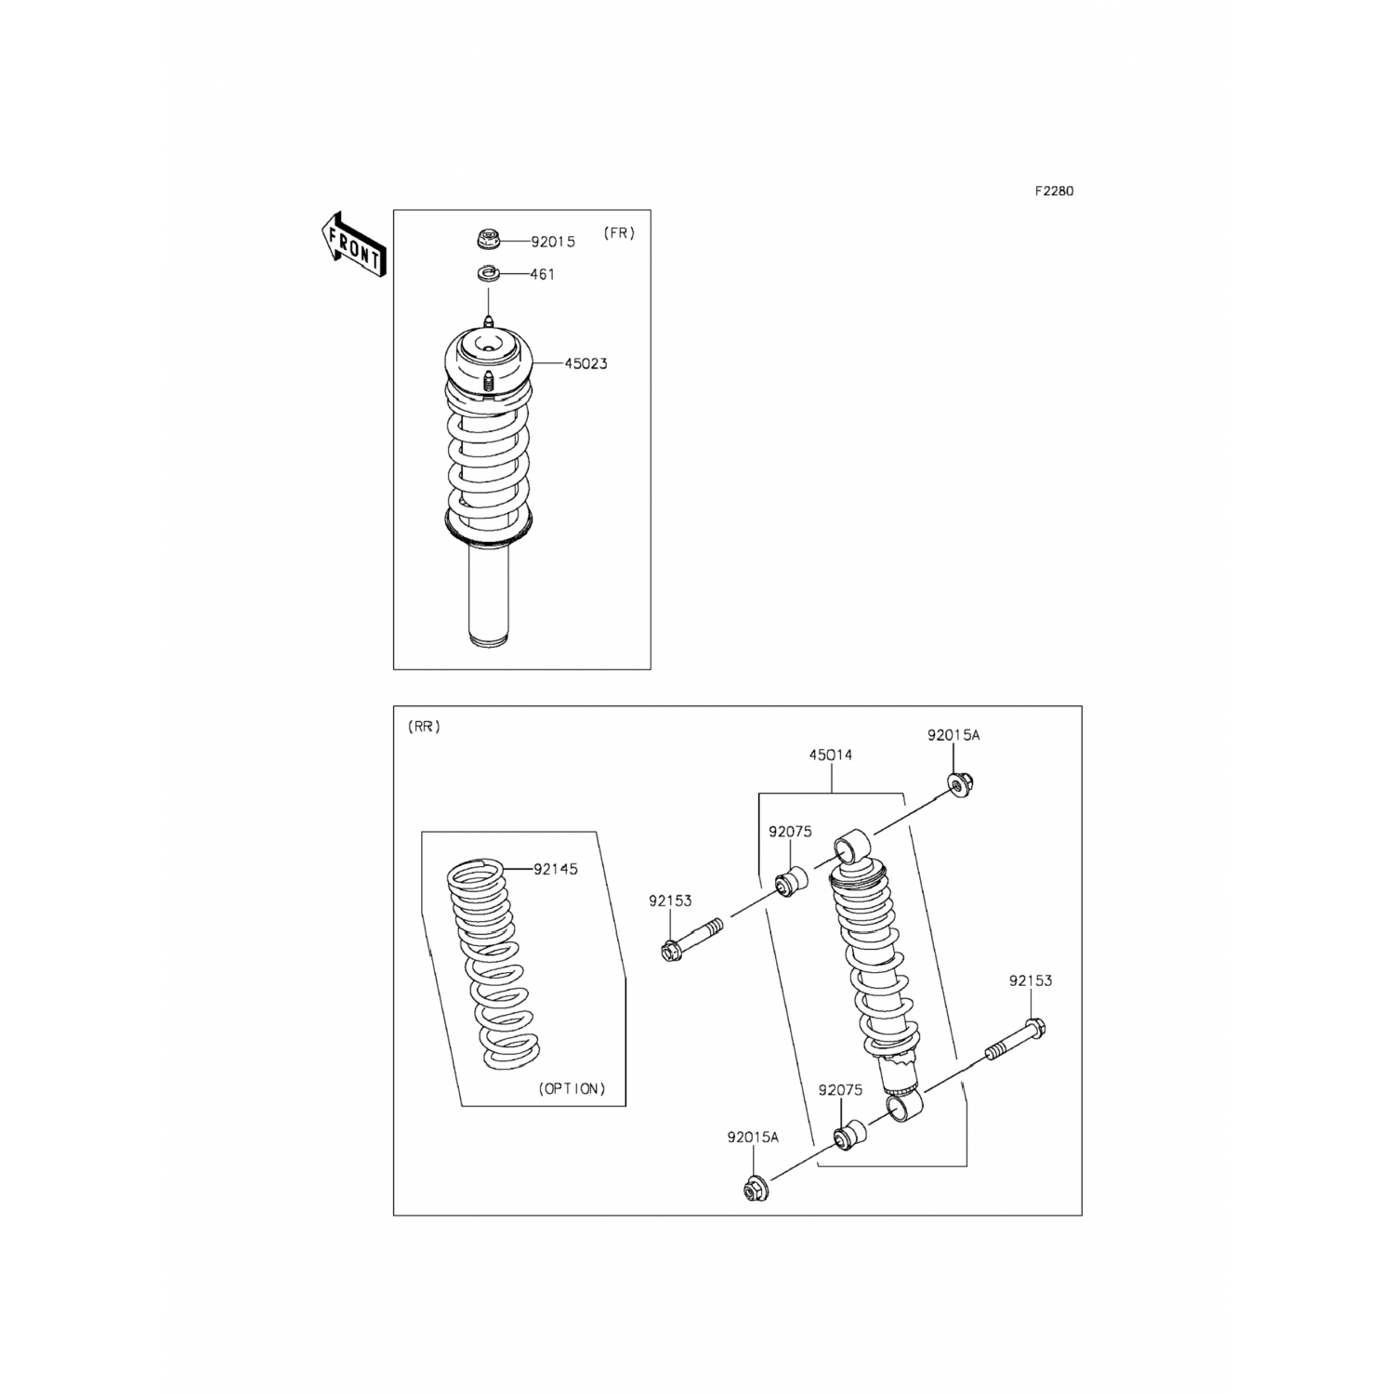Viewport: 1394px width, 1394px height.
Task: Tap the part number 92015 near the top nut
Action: coord(553,242)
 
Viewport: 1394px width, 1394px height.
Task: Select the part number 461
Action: coord(543,274)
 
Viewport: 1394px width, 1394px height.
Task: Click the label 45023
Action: coord(585,363)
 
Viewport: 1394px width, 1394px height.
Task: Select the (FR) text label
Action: coord(620,233)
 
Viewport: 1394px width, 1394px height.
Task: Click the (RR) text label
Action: coord(424,727)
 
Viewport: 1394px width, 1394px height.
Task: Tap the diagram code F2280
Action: coord(1055,191)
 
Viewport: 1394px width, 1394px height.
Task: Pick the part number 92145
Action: coord(556,869)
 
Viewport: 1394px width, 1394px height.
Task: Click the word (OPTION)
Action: coord(572,1088)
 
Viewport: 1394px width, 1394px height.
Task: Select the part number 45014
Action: coord(831,756)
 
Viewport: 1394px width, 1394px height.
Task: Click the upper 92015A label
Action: coord(953,735)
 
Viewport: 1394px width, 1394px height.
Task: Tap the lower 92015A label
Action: coord(754,1137)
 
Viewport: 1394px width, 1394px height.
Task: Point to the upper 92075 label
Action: coord(790,832)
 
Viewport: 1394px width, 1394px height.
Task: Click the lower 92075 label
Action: coord(840,1090)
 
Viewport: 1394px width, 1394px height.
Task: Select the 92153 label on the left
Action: coord(670,901)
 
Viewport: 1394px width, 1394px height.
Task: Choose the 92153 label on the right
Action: coord(1032,980)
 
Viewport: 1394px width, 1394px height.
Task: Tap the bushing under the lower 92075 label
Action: coord(849,1135)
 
